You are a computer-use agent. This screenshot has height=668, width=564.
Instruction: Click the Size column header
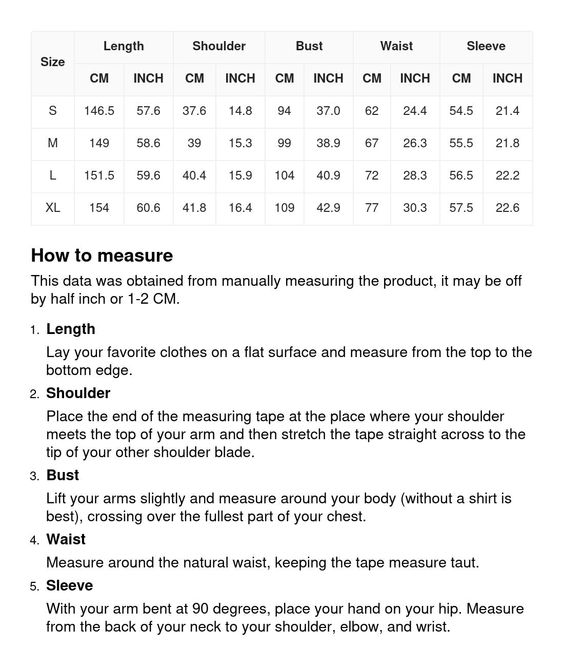(52, 62)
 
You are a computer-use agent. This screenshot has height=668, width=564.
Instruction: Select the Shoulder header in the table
(219, 46)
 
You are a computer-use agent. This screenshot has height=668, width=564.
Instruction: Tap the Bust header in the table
(309, 46)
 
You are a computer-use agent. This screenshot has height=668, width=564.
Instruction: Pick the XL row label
(52, 208)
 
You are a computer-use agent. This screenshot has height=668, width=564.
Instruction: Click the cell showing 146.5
(99, 111)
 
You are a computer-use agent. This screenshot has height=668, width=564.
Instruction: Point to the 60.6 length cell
(148, 208)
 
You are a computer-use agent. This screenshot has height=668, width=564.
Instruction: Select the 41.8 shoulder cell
(194, 208)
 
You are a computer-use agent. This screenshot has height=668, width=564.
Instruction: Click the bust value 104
(284, 175)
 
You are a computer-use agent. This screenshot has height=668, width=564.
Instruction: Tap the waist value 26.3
(415, 143)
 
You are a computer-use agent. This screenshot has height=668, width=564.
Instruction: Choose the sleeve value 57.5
(461, 208)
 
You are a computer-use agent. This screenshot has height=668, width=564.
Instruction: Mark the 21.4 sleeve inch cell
(507, 111)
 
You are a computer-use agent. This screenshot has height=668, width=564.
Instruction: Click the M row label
(52, 143)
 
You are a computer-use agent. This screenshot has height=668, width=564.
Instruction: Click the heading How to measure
(102, 256)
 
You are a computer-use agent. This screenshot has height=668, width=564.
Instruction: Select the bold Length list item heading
(71, 329)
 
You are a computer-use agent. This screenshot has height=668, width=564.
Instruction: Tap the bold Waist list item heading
(66, 539)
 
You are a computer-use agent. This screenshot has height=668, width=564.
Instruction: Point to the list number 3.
(34, 476)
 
